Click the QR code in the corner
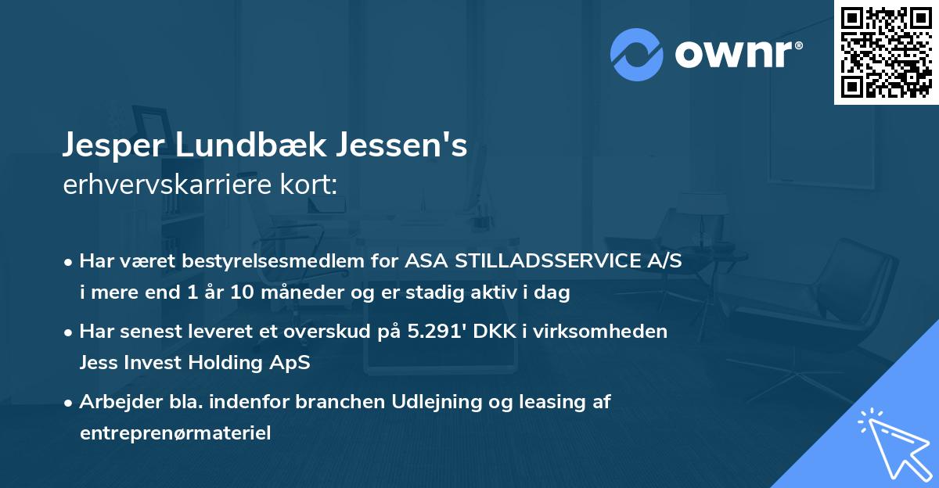(x=886, y=52)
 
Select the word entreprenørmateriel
(x=175, y=433)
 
